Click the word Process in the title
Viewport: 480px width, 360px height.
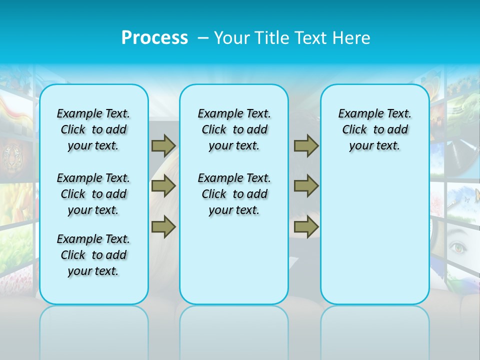154,37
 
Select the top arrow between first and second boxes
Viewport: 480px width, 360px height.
163,145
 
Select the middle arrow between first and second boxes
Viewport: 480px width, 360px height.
163,186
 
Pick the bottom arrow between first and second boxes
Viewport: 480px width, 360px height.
163,226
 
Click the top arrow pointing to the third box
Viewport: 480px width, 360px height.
306,145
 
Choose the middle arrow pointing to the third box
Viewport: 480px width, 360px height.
306,186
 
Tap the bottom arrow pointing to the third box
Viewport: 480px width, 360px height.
306,226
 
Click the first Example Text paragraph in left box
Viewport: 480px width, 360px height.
93,129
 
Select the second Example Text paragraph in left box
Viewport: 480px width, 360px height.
93,194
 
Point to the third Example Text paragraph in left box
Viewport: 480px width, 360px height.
93,255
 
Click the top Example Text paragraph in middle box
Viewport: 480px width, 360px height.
234,129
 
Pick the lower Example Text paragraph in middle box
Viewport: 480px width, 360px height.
234,194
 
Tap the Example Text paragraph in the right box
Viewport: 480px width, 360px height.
374,129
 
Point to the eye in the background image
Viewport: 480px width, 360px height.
458,246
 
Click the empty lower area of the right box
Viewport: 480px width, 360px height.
374,240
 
